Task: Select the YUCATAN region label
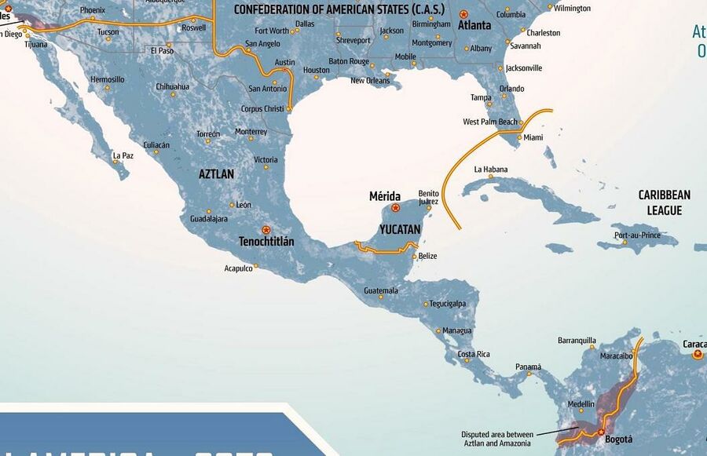pos(400,229)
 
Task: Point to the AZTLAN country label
pos(216,174)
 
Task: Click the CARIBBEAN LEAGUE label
pos(664,202)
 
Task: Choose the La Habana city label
pos(491,170)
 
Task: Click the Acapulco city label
pos(238,268)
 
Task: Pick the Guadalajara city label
pos(203,219)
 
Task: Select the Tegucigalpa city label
pos(448,304)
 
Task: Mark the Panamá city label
pos(528,367)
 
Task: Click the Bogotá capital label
pos(619,439)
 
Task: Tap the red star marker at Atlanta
pos(463,14)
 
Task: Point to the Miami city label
pos(533,138)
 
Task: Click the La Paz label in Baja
pos(123,155)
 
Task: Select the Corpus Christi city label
pos(262,108)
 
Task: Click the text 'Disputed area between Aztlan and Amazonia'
pos(497,439)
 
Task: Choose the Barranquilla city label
pos(577,341)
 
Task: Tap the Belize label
pos(428,256)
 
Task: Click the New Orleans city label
pos(370,81)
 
